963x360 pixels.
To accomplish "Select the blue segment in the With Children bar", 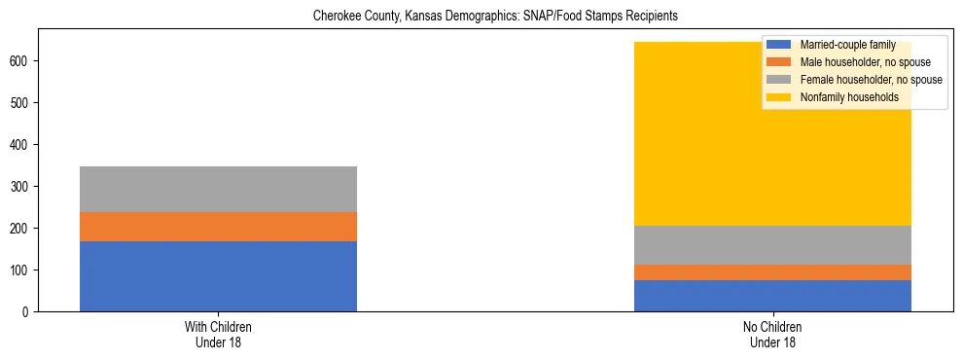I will click(218, 276).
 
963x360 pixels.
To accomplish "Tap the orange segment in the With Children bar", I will click(218, 227).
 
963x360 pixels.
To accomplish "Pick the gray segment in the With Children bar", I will click(218, 190).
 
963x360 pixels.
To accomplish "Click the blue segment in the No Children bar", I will click(772, 296).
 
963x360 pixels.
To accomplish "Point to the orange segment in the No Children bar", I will click(772, 272).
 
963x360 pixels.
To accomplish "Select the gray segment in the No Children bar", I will click(772, 245).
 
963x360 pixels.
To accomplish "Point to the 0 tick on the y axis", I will click(28, 312).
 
